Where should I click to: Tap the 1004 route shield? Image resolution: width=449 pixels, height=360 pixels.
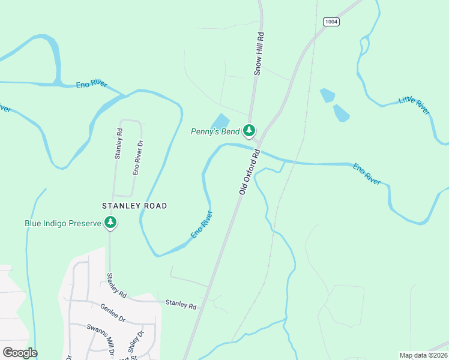click(331, 22)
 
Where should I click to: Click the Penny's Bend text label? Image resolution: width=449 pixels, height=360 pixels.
click(215, 131)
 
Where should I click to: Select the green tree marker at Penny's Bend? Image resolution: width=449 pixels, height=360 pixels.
click(249, 130)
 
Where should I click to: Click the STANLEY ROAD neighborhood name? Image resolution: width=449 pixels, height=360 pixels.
click(134, 206)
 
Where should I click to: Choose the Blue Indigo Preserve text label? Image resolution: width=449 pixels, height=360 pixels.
click(62, 223)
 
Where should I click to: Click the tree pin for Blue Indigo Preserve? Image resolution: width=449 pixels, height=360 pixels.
click(110, 223)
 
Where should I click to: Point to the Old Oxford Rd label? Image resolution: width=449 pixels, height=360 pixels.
click(249, 172)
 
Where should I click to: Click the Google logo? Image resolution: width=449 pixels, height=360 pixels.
click(20, 353)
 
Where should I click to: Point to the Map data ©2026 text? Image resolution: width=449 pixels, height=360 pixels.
click(423, 355)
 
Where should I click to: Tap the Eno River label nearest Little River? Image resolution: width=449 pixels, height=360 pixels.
click(367, 173)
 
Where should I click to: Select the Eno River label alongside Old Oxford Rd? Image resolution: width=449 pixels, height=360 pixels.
click(202, 224)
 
